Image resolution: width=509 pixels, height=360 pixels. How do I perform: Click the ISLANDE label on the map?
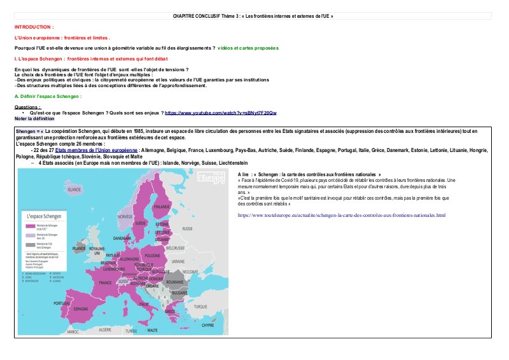coord(75,190)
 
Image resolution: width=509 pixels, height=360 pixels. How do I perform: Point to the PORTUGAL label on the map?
coord(62,303)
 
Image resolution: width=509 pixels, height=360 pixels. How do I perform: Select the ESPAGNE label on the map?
coord(81,309)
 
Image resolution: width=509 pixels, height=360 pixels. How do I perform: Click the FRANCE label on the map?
coord(105,282)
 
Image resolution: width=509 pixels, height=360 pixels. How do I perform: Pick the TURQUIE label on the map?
coord(200,306)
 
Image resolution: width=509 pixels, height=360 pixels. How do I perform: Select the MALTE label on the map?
coord(153,331)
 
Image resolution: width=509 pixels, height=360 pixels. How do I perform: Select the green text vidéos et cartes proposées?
coord(248,48)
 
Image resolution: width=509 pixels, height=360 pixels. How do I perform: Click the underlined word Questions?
coord(27,107)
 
